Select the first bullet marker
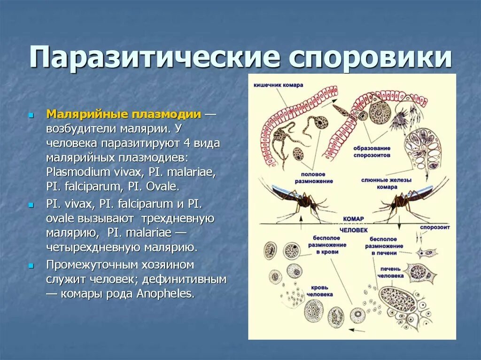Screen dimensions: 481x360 coord(31,115)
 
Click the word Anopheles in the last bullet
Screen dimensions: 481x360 coord(164,294)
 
